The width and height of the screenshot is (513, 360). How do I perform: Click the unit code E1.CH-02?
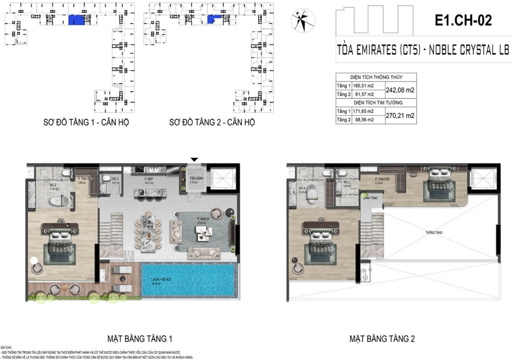(463, 21)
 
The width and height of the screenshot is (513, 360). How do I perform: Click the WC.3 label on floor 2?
(347, 182)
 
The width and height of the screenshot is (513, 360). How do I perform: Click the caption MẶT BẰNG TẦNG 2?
(382, 339)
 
